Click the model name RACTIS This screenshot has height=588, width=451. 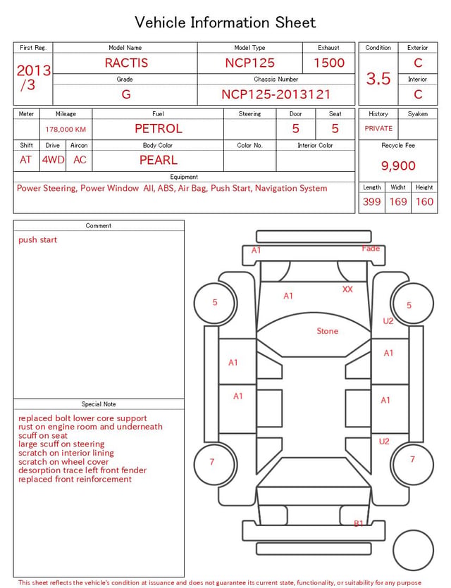pos(126,63)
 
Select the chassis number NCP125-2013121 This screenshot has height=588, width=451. pos(276,94)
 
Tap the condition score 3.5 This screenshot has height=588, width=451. pos(378,78)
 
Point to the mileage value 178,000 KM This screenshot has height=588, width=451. pos(66,130)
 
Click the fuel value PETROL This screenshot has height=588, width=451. pos(159,129)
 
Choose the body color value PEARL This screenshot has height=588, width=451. pos(159,160)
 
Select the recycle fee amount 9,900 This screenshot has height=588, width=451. pos(398,165)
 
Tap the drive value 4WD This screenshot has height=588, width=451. pos(53,160)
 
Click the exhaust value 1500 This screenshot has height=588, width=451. pos(329,63)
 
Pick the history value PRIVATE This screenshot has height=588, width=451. pos(378,128)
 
